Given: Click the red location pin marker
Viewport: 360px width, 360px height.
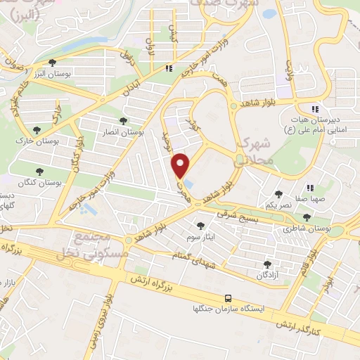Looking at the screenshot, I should [x=181, y=165].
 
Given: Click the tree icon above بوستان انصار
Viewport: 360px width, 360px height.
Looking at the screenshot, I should [x=124, y=121].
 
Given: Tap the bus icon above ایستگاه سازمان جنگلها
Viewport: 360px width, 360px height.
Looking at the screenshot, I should [x=229, y=298].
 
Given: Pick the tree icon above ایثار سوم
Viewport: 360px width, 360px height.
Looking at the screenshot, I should [x=201, y=226].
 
